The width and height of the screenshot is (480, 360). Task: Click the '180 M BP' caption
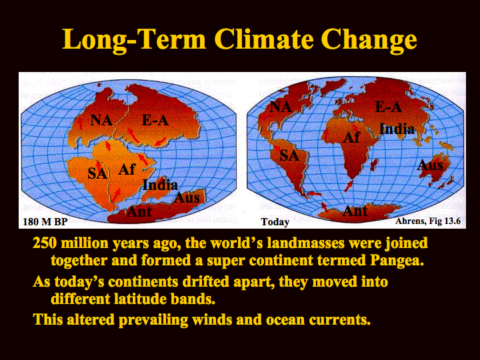pos(45,221)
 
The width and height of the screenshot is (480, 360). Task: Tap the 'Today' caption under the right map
pos(275,221)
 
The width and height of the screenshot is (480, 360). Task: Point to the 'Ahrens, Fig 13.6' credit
pos(427,221)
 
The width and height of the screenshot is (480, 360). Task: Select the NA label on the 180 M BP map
pos(101,120)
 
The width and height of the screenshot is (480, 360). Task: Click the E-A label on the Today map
pos(389,107)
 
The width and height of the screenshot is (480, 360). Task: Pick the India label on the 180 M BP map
pos(160,185)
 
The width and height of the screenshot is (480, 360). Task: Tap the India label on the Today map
pos(397,129)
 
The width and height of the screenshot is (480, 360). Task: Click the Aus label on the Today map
pos(430,165)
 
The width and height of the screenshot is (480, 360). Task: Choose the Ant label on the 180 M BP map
pos(139,211)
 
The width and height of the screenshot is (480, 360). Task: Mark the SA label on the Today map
pos(289,155)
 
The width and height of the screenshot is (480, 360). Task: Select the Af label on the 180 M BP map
pos(127,169)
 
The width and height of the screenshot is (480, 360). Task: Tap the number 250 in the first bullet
pos(45,243)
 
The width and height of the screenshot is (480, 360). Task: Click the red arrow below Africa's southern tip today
pos(349,185)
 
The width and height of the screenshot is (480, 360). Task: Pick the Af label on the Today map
pos(351,137)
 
